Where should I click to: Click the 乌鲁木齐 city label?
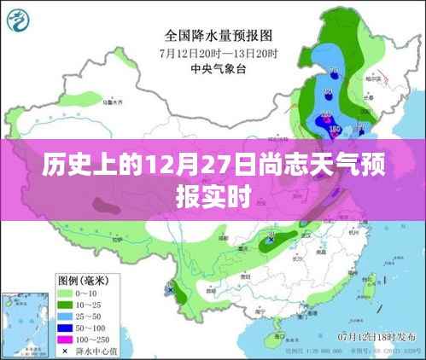[x=111, y=102]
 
